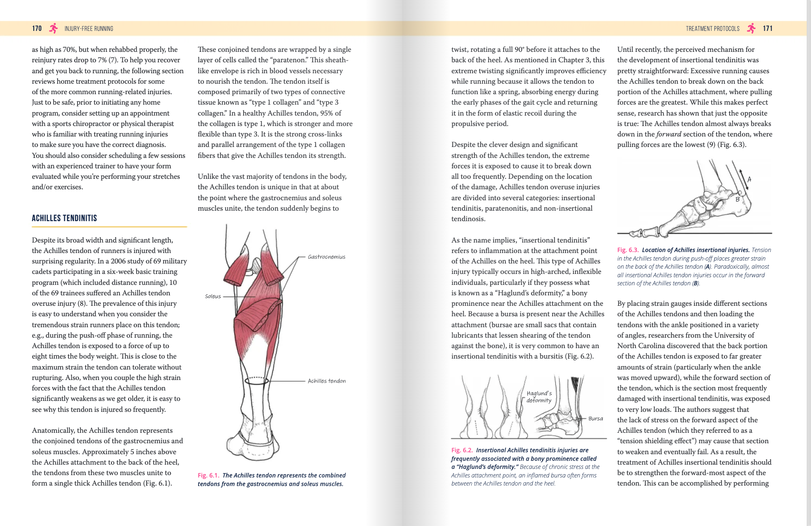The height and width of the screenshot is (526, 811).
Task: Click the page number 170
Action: point(37,29)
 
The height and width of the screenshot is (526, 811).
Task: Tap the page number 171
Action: point(768,29)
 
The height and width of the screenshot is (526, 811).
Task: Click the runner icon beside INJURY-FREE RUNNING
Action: point(53,29)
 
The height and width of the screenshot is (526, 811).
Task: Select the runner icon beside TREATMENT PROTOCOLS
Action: point(751,29)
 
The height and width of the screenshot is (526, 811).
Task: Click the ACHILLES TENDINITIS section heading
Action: point(64,218)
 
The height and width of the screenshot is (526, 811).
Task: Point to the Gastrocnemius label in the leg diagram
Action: point(326,257)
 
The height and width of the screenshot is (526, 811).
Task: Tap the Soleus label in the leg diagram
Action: point(213,296)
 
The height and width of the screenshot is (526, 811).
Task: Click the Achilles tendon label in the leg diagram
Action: point(326,381)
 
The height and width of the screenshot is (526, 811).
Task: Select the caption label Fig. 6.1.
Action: point(208,475)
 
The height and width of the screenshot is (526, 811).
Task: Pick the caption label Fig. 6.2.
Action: point(462,450)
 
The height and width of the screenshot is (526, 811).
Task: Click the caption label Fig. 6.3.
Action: point(628,250)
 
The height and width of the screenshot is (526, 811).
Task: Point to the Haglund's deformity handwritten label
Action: point(539,397)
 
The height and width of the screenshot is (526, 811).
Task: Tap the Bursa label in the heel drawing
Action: point(595,419)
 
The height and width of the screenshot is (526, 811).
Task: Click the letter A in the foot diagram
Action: point(749,179)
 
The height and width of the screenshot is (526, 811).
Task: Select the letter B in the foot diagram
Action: point(738,199)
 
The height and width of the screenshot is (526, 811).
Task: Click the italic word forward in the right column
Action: point(669,134)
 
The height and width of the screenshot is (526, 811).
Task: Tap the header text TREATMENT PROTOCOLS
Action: point(712,29)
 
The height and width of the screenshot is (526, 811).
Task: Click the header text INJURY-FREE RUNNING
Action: point(89,29)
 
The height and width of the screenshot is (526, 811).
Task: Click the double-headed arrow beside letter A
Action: point(743,179)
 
